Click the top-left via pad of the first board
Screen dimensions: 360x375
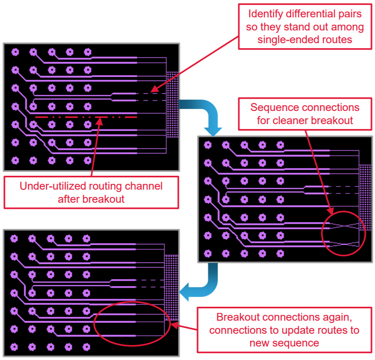coord(15,51)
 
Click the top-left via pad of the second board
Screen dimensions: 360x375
coord(208,145)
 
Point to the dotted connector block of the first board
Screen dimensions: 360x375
coord(172,104)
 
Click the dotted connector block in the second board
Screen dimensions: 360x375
coord(365,197)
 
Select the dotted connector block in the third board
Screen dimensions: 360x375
coord(171,288)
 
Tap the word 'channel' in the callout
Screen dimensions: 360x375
coord(144,186)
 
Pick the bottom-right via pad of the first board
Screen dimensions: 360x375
coord(87,159)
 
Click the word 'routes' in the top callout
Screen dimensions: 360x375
coord(337,40)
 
